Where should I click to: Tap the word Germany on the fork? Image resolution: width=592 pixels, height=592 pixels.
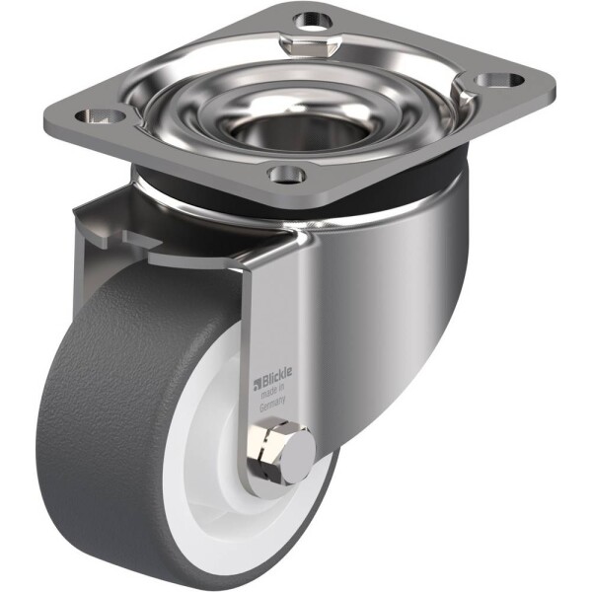pos(273,404)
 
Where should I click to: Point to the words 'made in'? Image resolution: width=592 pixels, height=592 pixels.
pos(273,391)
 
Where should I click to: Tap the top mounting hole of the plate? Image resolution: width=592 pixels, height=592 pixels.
pos(313,21)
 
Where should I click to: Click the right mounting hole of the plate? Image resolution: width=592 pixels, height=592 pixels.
pos(499,81)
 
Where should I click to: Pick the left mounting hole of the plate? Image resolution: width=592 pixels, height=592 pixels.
pos(101,115)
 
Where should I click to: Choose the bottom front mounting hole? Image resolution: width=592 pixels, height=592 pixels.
pos(287,175)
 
